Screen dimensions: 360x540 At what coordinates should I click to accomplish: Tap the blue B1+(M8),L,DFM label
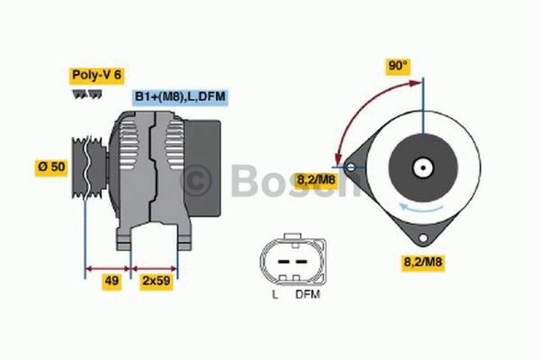click(180, 97)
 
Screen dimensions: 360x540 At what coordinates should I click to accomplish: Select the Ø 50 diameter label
click(51, 167)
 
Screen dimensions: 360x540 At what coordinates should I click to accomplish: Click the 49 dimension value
click(112, 282)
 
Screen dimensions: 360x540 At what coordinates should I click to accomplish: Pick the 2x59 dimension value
click(155, 282)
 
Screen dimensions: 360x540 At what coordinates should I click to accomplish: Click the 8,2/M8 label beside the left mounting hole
click(316, 179)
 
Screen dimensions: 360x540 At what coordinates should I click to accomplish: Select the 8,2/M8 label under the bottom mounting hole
click(423, 262)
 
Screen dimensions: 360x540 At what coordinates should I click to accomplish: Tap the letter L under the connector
click(275, 294)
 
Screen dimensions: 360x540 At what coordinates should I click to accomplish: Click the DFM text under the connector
click(307, 294)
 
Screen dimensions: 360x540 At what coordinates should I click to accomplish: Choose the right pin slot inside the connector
click(300, 261)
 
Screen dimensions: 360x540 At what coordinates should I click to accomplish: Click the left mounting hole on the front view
click(350, 166)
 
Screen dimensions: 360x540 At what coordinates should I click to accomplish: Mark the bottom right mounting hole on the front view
click(423, 238)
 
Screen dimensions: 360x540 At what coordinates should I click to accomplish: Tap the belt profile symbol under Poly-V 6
click(87, 95)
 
